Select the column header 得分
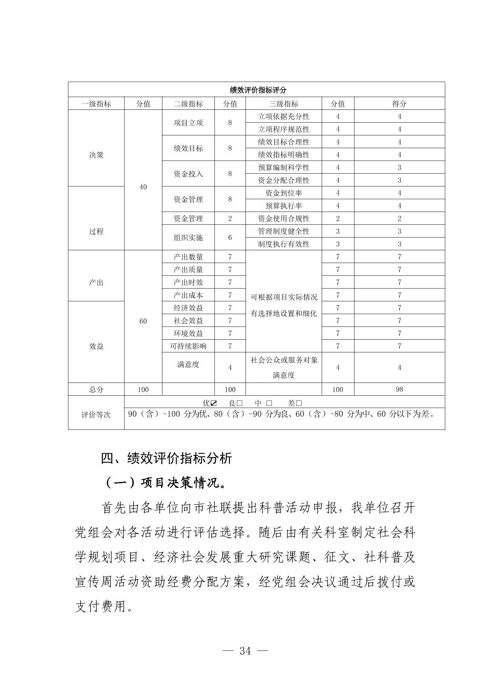point(399,103)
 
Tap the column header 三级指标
point(283,103)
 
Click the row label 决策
point(96,155)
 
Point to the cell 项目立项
point(188,123)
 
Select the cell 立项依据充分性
point(283,116)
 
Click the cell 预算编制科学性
point(283,167)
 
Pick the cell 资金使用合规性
point(283,218)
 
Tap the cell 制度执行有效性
point(283,244)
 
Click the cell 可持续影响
point(188,346)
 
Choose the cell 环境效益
point(188,333)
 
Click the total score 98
point(399,389)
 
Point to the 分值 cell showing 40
point(143,187)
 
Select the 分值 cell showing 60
point(143,321)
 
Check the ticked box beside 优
point(214,403)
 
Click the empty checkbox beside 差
point(299,403)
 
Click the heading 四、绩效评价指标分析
point(167,458)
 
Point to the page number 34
point(245,651)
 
